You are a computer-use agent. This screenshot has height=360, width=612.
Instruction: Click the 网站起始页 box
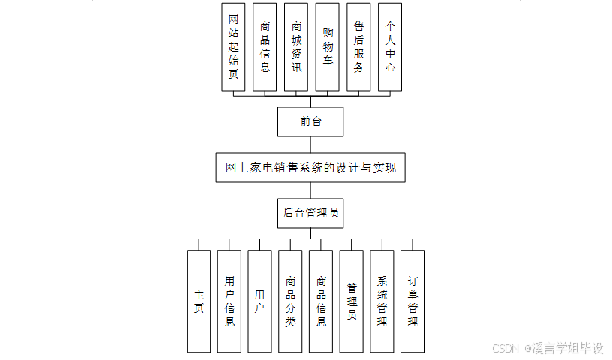(x=233, y=46)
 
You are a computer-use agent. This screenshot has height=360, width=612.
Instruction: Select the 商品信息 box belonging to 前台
(x=265, y=46)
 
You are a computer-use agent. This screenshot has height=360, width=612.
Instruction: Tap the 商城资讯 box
(x=296, y=46)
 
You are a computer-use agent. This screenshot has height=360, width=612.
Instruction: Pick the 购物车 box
(x=328, y=46)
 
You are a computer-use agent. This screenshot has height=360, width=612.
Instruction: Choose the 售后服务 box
(x=358, y=46)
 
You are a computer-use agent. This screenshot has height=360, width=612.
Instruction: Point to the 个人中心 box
(x=390, y=46)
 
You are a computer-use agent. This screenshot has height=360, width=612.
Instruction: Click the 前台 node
(x=310, y=121)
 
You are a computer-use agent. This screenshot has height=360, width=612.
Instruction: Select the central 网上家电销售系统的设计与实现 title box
(x=310, y=167)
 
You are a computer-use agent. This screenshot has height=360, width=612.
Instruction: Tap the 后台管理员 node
(x=310, y=213)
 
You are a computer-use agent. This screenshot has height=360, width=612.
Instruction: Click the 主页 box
(x=199, y=301)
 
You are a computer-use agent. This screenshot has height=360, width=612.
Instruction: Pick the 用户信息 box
(x=229, y=301)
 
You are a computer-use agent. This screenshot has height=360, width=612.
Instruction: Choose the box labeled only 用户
(x=259, y=301)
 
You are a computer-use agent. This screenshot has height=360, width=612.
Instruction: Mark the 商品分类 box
(x=290, y=301)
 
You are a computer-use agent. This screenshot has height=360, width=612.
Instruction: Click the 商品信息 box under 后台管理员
(x=321, y=301)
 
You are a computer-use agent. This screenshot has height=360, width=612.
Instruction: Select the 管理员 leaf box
(x=352, y=301)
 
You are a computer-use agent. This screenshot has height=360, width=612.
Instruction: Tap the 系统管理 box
(x=382, y=301)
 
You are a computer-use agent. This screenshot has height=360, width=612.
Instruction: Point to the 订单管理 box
(x=412, y=301)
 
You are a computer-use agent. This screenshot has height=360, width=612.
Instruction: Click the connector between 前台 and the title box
(x=310, y=145)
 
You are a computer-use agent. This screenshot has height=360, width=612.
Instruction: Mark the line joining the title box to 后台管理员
(x=310, y=190)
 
